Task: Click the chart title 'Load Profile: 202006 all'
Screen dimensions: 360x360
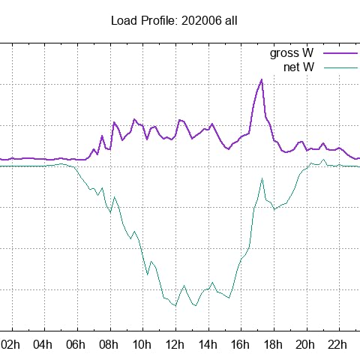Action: pos(174,20)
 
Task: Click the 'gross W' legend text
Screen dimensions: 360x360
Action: pos(292,53)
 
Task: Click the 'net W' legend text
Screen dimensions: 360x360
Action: pos(298,67)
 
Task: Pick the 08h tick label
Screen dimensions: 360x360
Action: pos(109,344)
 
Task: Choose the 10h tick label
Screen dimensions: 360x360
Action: pos(142,344)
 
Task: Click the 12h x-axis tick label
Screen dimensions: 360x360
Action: pos(175,344)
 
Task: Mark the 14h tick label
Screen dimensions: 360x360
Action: pos(208,344)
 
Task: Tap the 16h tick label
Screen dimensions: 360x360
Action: pos(240,344)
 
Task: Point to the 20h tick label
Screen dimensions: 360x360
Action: pos(306,344)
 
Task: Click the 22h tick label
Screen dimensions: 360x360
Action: pos(338,344)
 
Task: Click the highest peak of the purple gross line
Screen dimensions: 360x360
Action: pos(261,79)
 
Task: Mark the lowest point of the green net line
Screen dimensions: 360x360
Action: pos(175,306)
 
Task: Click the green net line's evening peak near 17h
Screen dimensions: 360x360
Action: pos(262,178)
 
